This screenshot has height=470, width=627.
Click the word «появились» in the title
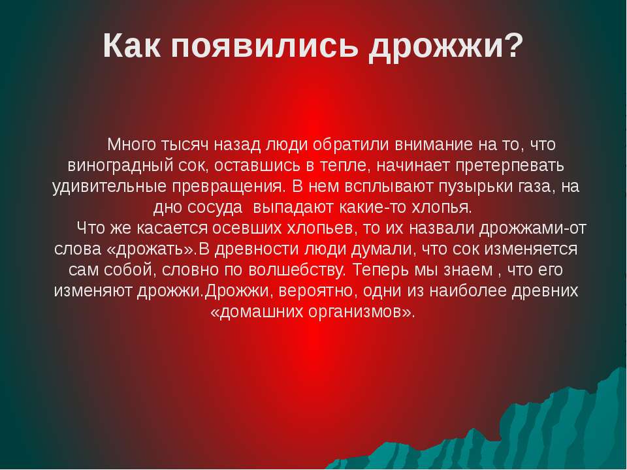[265, 47]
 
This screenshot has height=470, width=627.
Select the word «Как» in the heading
[132, 45]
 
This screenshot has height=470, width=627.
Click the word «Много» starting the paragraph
[131, 144]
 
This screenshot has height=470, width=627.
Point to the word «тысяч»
[185, 145]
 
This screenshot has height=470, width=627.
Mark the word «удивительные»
[109, 187]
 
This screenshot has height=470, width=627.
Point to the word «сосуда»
[215, 208]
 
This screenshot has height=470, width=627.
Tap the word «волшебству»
[297, 270]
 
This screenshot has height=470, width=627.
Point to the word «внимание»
[434, 145]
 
